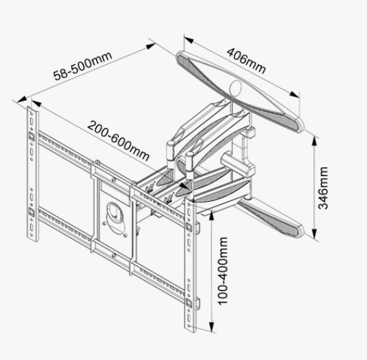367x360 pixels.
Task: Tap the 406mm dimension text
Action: (x=246, y=61)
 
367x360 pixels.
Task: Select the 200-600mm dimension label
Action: (x=118, y=141)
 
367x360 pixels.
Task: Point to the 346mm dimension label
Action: (x=323, y=188)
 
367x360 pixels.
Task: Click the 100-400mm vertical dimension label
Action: (x=223, y=271)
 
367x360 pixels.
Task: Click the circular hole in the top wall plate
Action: (x=236, y=88)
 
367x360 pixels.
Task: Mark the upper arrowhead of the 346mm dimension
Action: (x=314, y=142)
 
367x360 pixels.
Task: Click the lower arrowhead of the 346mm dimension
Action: (x=314, y=232)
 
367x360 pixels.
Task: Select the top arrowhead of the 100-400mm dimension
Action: (x=211, y=216)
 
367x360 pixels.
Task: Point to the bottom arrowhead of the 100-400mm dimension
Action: (x=211, y=326)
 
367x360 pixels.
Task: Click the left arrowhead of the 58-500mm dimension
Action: (x=21, y=99)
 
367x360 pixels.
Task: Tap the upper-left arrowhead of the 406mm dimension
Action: (x=189, y=40)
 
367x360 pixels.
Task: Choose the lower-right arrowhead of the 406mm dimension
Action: (x=294, y=95)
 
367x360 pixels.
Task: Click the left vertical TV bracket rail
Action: (x=32, y=174)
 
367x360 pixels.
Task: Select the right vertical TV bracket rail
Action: (x=190, y=265)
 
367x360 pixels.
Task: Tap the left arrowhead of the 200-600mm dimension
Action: (x=36, y=103)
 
